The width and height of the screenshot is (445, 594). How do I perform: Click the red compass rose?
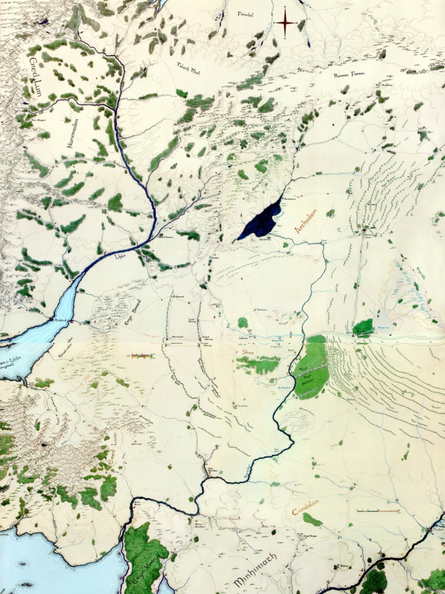pyautogui.click(x=285, y=23)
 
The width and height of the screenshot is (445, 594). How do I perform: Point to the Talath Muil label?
pyautogui.click(x=188, y=67)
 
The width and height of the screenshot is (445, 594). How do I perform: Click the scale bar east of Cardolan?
pyautogui.click(x=378, y=511)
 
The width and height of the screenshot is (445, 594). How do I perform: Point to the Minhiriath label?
pyautogui.click(x=256, y=571)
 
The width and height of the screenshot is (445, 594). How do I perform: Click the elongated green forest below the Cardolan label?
pyautogui.click(x=312, y=520)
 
